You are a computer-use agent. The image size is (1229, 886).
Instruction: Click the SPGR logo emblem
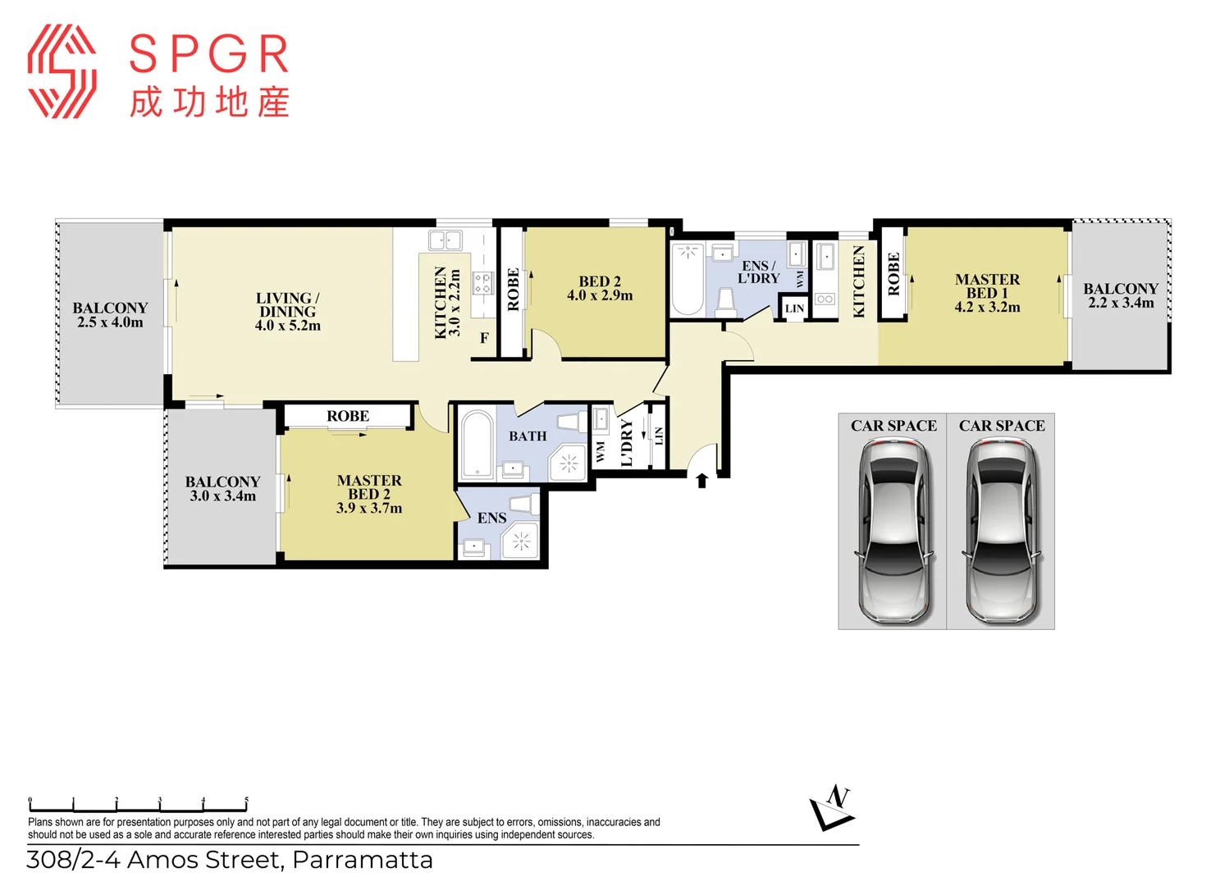click(62, 71)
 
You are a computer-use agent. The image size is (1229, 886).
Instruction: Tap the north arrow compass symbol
click(832, 809)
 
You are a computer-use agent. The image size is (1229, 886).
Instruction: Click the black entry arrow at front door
click(701, 480)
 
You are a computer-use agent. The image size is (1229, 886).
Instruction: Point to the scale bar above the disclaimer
click(138, 806)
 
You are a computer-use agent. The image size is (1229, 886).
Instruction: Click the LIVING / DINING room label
click(287, 312)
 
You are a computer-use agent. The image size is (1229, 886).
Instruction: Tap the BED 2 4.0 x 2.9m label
click(600, 289)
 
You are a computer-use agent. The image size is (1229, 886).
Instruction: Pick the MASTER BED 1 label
click(987, 293)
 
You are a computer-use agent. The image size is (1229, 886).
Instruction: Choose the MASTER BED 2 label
click(369, 494)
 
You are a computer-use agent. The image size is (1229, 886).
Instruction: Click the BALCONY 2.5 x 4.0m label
click(110, 315)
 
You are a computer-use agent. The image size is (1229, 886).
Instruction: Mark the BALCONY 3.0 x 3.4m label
click(222, 489)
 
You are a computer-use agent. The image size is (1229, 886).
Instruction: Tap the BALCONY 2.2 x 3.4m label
click(1121, 295)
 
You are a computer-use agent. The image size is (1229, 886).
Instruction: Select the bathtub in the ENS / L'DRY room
click(688, 279)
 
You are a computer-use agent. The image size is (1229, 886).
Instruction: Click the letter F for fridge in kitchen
click(484, 338)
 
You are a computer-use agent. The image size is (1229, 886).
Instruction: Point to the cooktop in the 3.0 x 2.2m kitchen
click(483, 283)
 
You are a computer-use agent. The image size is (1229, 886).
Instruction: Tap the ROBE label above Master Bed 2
click(348, 416)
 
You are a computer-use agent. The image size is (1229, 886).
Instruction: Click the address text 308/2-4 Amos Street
click(230, 860)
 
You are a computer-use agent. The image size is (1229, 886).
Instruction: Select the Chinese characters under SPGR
click(209, 103)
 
